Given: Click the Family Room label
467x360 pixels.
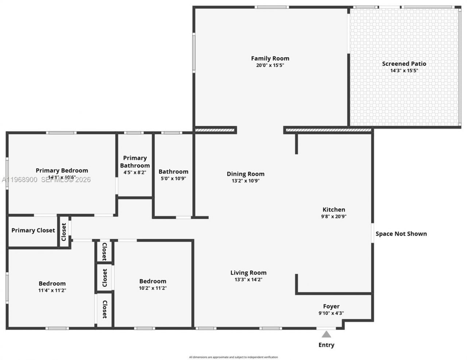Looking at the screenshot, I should (270, 58).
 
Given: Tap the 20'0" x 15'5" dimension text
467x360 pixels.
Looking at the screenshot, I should (270, 66).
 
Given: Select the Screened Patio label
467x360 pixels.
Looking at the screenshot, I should (404, 64).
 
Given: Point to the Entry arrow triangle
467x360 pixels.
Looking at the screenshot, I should (326, 334).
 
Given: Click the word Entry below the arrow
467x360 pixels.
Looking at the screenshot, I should (326, 345).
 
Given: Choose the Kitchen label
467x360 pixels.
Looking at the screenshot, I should (334, 210).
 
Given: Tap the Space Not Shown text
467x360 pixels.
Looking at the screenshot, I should (401, 234).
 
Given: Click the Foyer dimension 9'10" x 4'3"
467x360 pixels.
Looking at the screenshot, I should (331, 313).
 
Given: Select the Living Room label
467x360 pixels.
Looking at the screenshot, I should (248, 273).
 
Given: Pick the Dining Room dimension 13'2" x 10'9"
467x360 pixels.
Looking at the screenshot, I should (246, 181).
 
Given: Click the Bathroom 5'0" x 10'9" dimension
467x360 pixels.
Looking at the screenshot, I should (173, 179).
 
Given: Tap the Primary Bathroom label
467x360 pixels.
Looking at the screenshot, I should (135, 161).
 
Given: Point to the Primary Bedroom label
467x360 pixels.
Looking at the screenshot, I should (62, 171).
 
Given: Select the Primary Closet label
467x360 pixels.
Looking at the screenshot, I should (33, 230).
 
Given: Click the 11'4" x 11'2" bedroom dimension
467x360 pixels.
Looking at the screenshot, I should (52, 290).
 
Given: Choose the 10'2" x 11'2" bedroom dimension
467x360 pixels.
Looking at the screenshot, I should (153, 288).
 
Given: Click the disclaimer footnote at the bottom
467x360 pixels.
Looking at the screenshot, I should (233, 357).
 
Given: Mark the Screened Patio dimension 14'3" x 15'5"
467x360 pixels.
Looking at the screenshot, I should (404, 71).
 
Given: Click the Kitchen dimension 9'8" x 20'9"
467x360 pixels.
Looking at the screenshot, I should (334, 216).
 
